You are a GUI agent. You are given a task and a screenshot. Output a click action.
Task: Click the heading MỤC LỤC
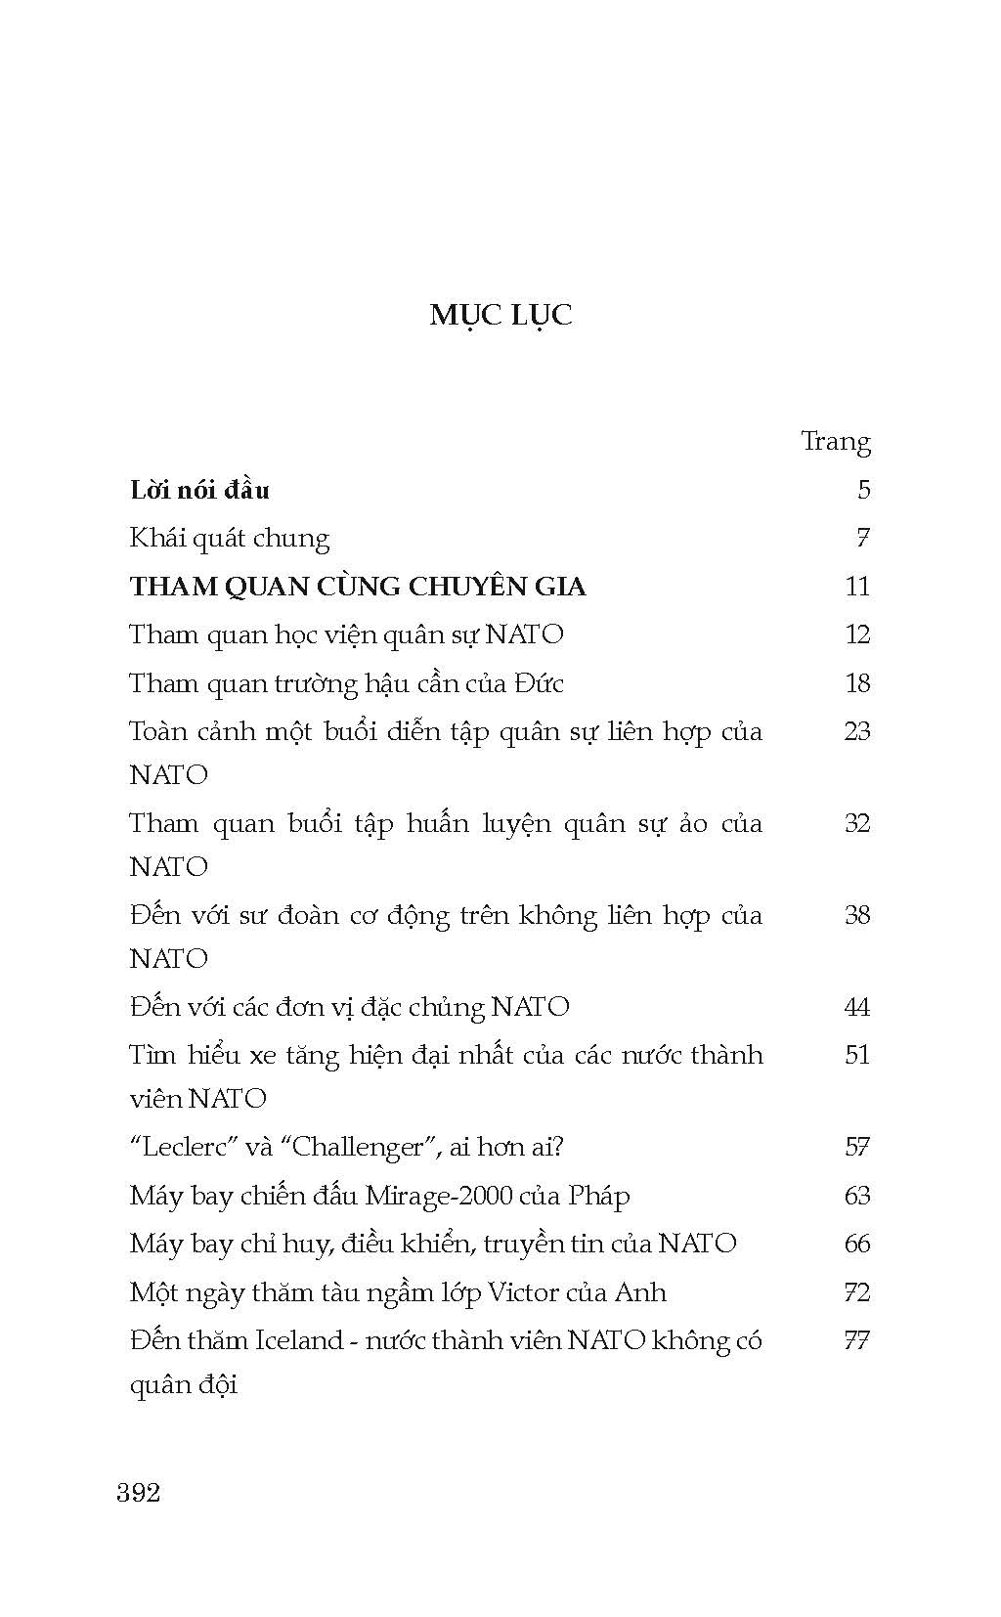500,315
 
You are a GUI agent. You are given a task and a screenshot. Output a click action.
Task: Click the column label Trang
835,441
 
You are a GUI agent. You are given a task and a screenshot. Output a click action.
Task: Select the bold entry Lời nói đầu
199,489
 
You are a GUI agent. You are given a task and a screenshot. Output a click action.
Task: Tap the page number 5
863,489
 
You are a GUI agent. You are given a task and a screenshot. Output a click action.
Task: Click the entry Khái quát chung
230,538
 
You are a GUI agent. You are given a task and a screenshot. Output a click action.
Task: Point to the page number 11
856,586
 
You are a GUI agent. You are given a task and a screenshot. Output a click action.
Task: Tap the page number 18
856,682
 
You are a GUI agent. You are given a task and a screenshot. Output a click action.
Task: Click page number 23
856,730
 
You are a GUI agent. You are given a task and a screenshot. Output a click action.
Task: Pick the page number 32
856,822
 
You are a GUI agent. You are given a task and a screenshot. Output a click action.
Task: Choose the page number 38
856,914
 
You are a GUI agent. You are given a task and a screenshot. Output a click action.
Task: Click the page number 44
856,1006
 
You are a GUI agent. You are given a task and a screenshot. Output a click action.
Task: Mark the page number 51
856,1054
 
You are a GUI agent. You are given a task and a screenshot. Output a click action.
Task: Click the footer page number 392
138,1492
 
